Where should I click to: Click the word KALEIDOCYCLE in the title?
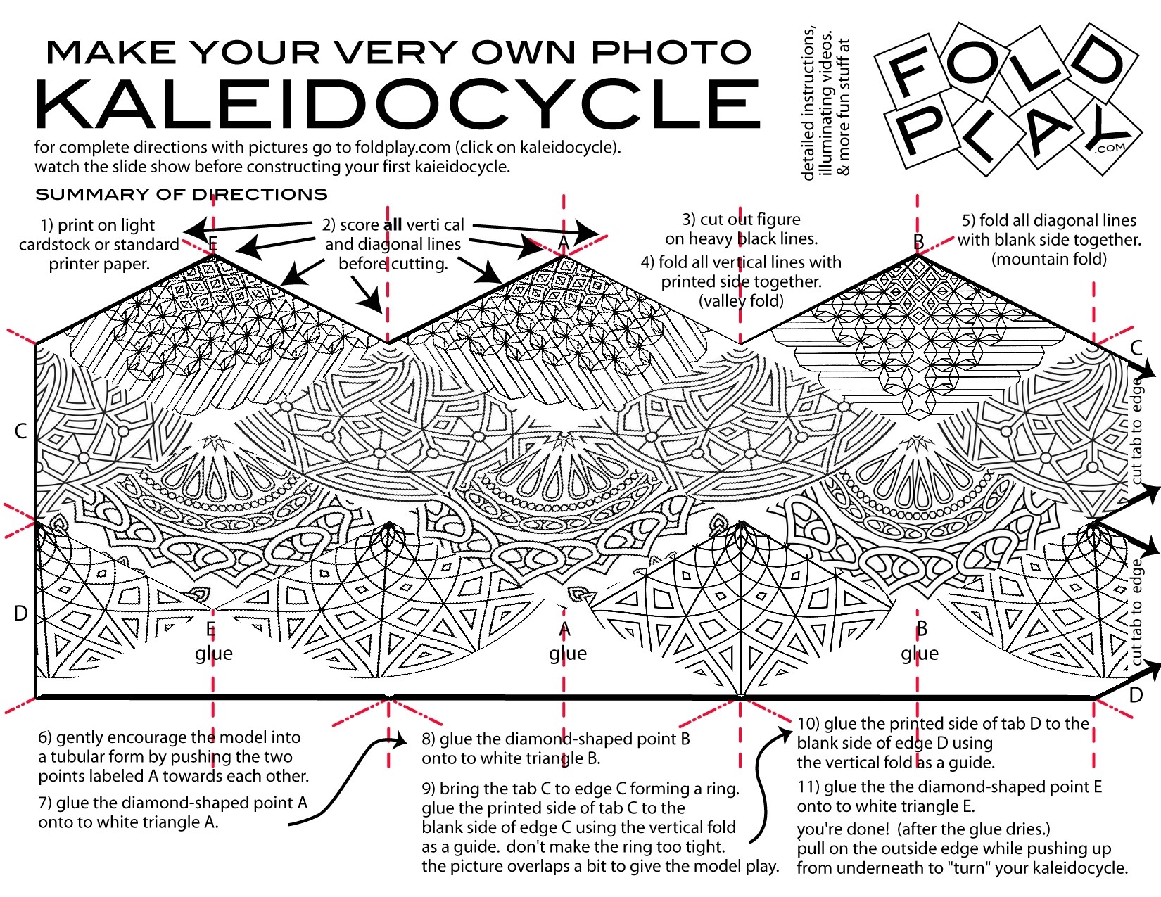tap(398, 103)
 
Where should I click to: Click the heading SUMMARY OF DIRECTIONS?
tap(182, 195)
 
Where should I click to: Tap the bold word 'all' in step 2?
tap(392, 225)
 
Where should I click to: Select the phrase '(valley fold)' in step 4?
tap(741, 301)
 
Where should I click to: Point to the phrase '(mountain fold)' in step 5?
tap(1049, 259)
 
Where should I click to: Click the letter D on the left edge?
tap(21, 613)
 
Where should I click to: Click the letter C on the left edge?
tap(21, 431)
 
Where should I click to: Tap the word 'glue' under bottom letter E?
tap(214, 654)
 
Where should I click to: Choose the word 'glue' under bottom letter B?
tap(920, 654)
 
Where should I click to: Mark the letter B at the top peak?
tap(918, 241)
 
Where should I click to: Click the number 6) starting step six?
tap(46, 738)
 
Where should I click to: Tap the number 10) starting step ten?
tap(807, 724)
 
